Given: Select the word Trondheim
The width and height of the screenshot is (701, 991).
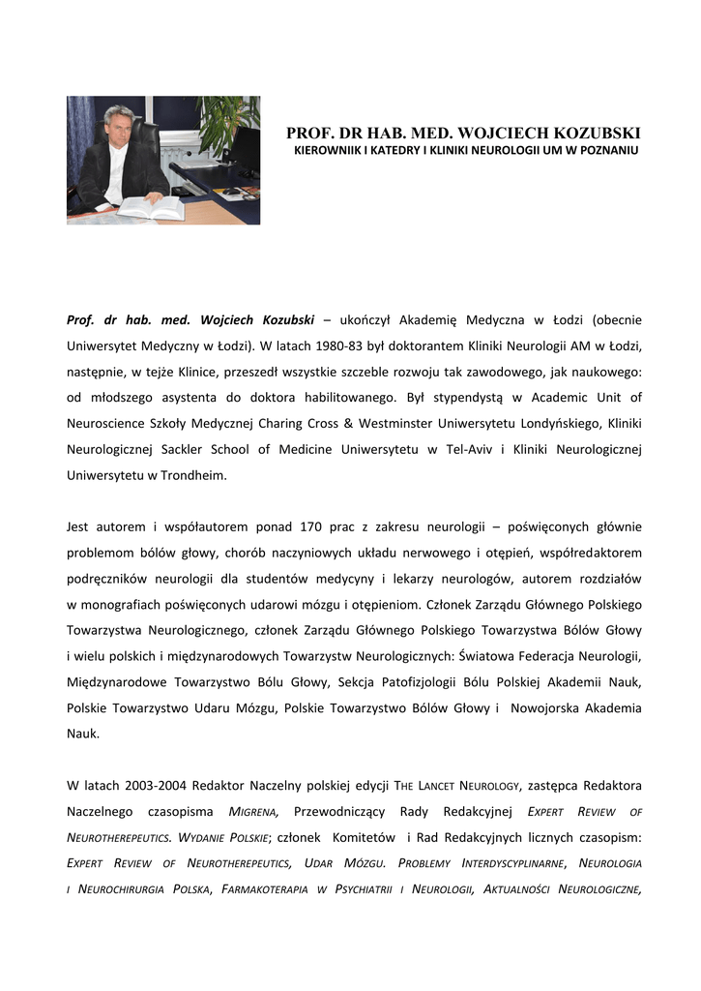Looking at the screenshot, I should tap(193, 476).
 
